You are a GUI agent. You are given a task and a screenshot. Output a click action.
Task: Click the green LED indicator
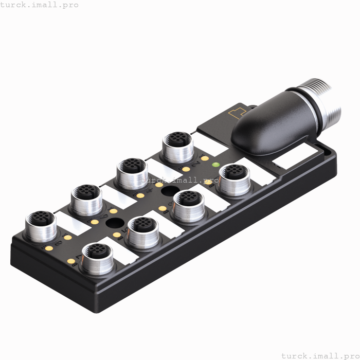click(216, 165)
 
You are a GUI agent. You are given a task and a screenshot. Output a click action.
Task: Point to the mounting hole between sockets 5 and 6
click(115, 223)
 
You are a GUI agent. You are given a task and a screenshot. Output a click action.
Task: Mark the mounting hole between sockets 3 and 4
click(168, 192)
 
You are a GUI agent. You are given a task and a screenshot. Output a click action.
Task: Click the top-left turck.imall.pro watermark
click(40, 5)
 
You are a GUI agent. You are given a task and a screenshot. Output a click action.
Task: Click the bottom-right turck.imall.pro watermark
click(319, 355)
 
